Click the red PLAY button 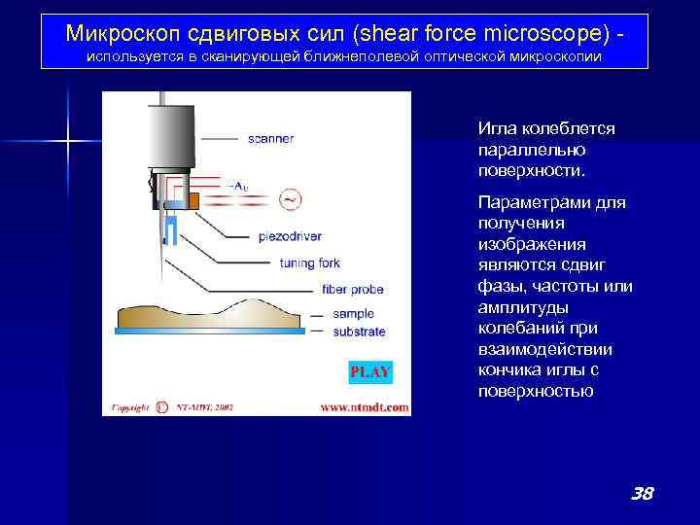[369, 371]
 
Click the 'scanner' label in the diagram [270, 139]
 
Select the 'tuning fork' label [310, 262]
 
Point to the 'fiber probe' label [352, 289]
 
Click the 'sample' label [353, 315]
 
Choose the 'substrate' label [359, 332]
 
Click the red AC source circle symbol [290, 199]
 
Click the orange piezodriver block [195, 200]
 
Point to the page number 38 [641, 494]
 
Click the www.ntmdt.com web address [365, 407]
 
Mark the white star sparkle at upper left [68, 142]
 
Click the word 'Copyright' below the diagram [129, 407]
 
